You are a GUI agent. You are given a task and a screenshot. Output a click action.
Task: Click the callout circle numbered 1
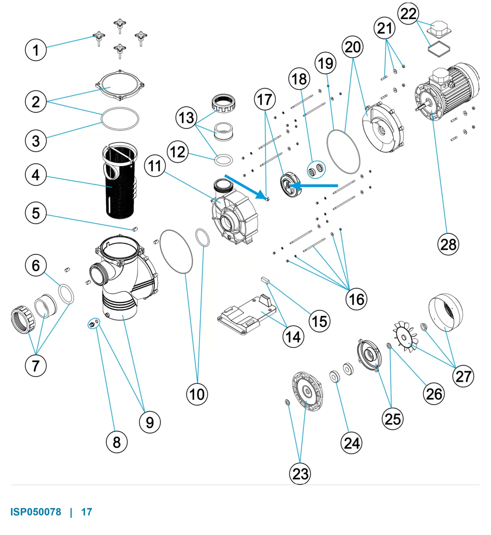(36, 50)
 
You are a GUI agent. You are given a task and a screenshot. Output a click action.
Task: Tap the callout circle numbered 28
(448, 244)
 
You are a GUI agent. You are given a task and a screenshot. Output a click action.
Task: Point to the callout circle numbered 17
(265, 99)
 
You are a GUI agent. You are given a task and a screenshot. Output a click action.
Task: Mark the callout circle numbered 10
(197, 394)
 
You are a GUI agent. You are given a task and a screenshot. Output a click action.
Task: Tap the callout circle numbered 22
(408, 13)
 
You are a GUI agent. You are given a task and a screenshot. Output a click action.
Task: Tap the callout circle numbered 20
(353, 47)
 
